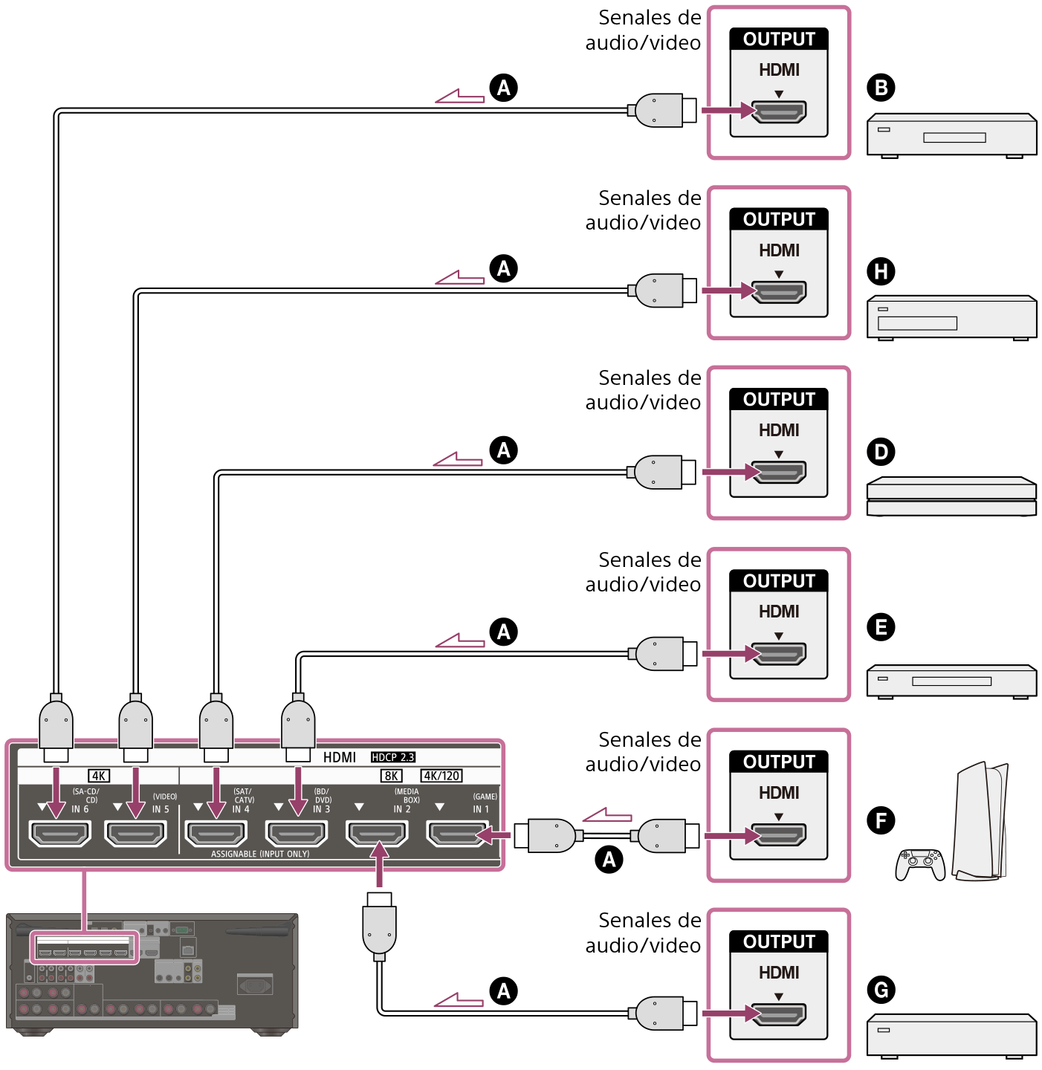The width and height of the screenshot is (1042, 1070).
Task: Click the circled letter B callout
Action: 881,88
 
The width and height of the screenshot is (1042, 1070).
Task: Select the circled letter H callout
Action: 881,271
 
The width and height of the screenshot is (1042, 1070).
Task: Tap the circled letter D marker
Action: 881,452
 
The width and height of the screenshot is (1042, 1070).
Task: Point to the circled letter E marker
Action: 881,628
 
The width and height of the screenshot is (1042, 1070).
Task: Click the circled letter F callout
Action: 881,820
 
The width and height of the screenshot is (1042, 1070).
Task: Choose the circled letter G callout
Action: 881,990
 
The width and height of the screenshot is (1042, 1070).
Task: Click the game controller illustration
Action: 920,864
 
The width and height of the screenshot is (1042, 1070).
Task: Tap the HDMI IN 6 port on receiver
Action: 59,834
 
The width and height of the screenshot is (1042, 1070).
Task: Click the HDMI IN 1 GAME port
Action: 457,834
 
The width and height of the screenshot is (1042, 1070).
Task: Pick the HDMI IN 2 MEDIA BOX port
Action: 377,834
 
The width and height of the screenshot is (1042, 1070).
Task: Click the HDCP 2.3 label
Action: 392,757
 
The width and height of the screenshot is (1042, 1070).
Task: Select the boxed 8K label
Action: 391,776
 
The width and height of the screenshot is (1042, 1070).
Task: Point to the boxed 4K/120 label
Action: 441,776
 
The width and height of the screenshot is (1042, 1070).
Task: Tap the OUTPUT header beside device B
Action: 779,39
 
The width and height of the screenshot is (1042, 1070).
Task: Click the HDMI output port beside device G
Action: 779,1014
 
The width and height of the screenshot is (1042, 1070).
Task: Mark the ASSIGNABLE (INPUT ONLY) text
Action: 260,855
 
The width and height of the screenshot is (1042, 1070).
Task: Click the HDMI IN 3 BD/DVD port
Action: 297,834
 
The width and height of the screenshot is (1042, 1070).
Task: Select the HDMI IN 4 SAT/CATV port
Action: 216,834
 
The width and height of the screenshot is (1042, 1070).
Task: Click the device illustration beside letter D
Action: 951,496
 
